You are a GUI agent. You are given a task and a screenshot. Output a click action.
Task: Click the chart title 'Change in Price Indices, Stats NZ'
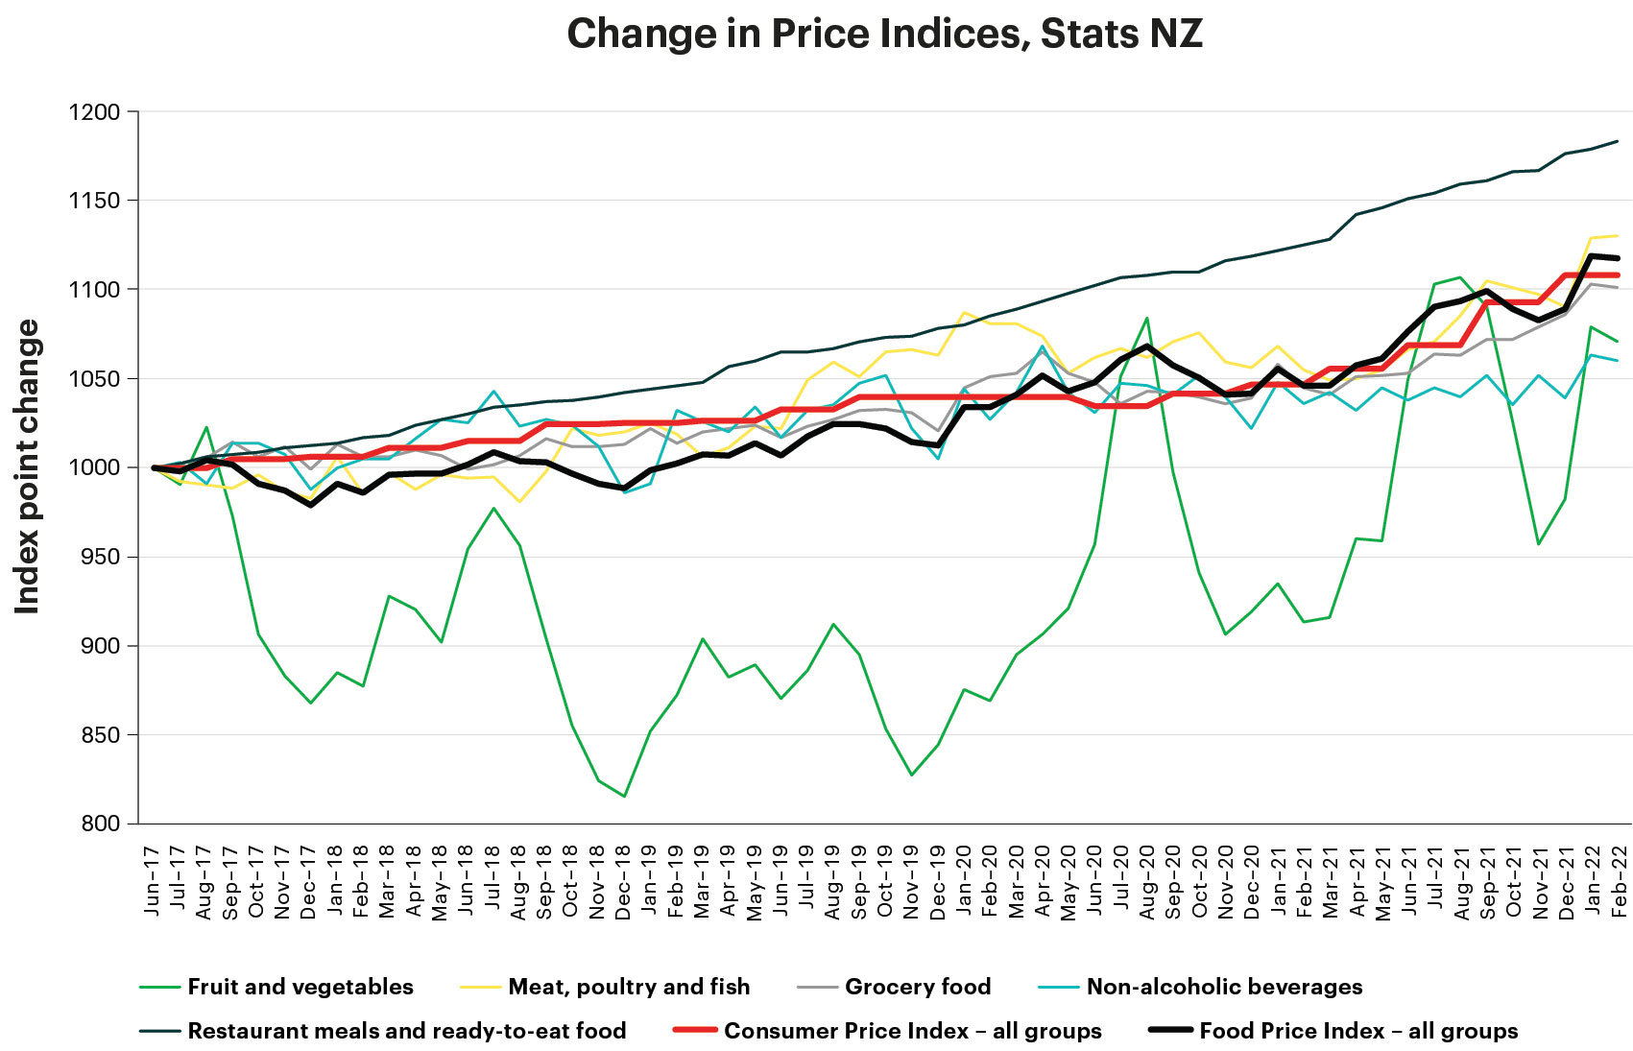tap(884, 35)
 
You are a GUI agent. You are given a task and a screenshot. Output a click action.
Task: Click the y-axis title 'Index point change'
tap(28, 466)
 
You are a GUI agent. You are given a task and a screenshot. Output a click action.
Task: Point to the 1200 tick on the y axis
tap(94, 112)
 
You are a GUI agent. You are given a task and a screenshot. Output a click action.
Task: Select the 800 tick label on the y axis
tap(99, 824)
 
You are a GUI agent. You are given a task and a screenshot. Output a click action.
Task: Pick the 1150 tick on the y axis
tap(94, 201)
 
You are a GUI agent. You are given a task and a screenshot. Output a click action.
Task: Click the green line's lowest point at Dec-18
tap(624, 796)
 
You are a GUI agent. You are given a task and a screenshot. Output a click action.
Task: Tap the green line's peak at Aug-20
tap(1147, 318)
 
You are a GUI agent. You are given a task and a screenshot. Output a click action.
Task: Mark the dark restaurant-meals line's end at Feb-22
tap(1619, 141)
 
